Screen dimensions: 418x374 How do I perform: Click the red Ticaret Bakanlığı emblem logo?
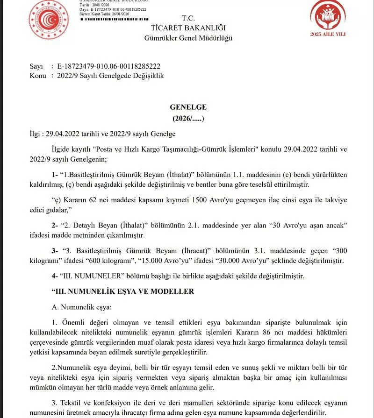[x=49, y=19]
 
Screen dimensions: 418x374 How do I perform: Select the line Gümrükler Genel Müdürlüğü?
[x=188, y=38]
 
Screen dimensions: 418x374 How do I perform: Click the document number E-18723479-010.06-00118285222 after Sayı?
[x=108, y=67]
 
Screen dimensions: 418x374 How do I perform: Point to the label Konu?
[x=37, y=76]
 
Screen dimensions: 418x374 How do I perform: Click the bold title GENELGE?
[x=188, y=107]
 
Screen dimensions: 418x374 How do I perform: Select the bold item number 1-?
[x=56, y=175]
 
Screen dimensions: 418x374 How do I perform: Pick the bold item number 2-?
[x=56, y=225]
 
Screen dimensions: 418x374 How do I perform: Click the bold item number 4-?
[x=56, y=276]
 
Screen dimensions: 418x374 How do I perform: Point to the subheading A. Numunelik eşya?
[x=82, y=307]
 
